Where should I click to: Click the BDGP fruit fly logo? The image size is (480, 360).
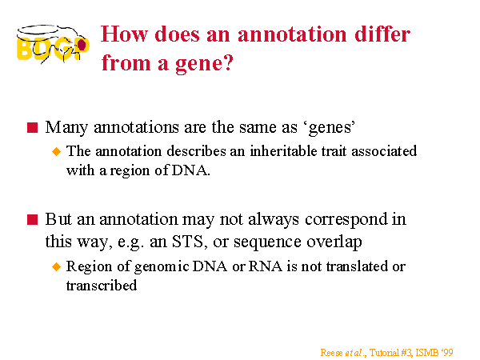tap(53, 44)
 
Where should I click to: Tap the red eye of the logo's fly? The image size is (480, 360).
tap(82, 45)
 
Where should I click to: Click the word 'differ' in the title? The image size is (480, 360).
tap(382, 34)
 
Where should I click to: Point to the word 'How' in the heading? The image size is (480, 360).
tap(124, 34)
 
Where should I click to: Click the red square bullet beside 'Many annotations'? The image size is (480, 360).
tap(32, 127)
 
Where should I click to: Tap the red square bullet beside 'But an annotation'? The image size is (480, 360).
tap(32, 219)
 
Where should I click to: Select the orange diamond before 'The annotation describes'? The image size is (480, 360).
tap(57, 151)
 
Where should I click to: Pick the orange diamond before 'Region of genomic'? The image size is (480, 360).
tap(57, 266)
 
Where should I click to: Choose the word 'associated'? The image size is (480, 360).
tap(384, 151)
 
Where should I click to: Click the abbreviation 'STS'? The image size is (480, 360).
tap(187, 242)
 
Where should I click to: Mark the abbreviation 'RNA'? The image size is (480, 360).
tap(265, 266)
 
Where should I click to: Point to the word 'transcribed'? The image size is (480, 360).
tap(102, 286)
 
